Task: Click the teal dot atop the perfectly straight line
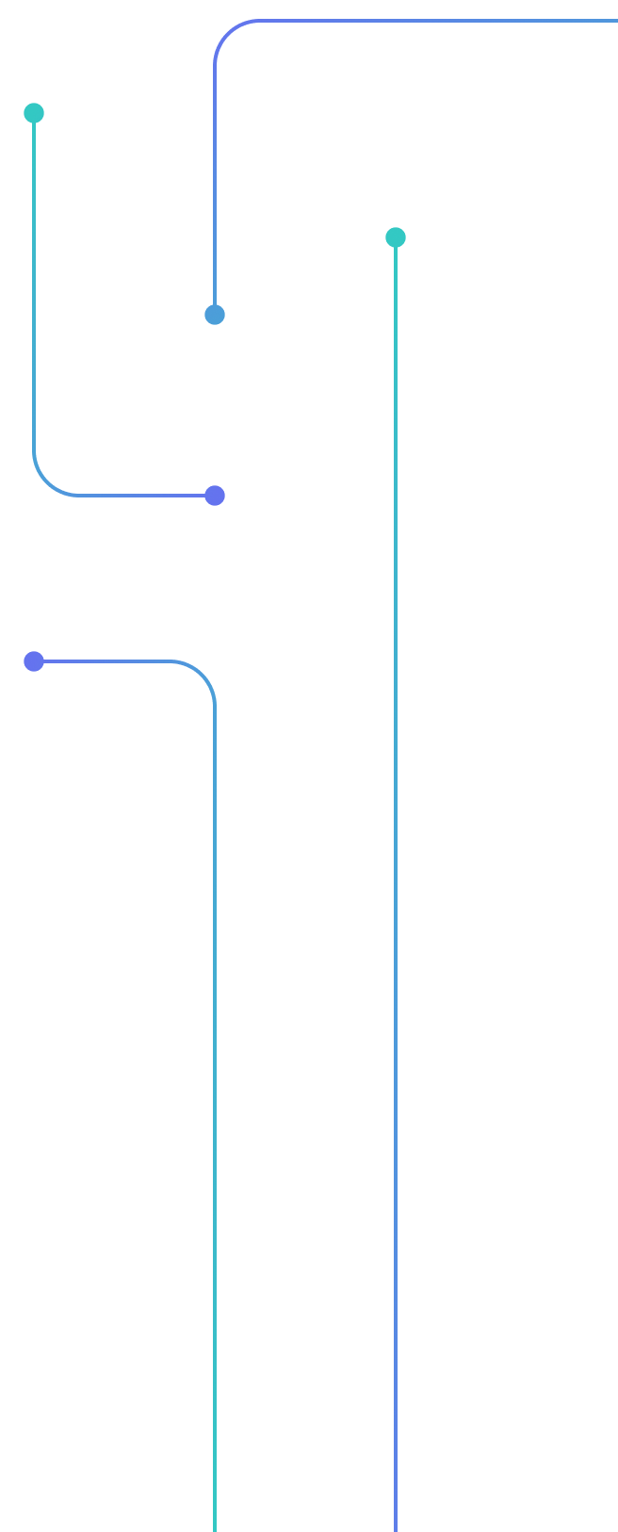pyautogui.click(x=396, y=237)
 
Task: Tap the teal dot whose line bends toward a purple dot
pyautogui.click(x=34, y=113)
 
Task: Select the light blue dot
pyautogui.click(x=215, y=315)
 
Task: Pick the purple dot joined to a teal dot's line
pyautogui.click(x=215, y=496)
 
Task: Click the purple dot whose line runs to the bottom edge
pyautogui.click(x=34, y=661)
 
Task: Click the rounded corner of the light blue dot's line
pyautogui.click(x=227, y=33)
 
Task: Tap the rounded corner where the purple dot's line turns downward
pyautogui.click(x=203, y=674)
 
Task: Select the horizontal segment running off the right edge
pyautogui.click(x=433, y=21)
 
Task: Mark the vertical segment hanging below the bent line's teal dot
pyautogui.click(x=34, y=283)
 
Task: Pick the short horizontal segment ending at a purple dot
pyautogui.click(x=141, y=496)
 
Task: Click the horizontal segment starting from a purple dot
pyautogui.click(x=104, y=661)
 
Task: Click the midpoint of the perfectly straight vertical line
pyautogui.click(x=396, y=885)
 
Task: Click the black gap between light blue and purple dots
pyautogui.click(x=215, y=405)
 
